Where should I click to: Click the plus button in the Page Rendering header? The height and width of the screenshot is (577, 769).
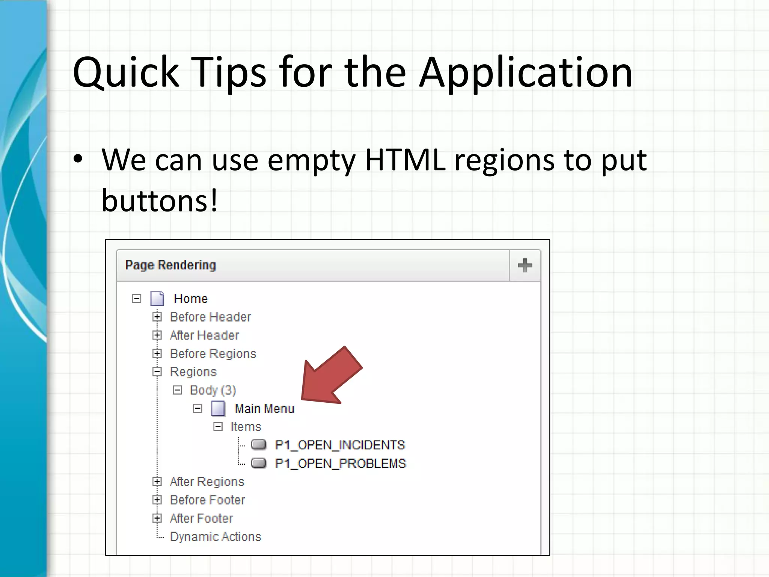[525, 266]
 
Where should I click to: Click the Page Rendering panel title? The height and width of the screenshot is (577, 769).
[170, 265]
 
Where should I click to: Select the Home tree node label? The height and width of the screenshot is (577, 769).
[190, 299]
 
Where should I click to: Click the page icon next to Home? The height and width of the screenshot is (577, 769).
[157, 299]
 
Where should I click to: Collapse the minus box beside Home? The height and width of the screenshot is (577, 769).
[137, 299]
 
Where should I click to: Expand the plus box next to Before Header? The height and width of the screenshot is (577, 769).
[157, 317]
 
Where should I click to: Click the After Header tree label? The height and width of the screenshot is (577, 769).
[204, 335]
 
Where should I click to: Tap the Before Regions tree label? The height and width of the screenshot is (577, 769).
[213, 353]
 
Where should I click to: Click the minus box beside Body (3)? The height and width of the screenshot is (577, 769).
[177, 390]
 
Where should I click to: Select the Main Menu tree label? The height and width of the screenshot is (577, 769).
[264, 408]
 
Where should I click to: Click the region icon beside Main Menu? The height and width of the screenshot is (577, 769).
[218, 408]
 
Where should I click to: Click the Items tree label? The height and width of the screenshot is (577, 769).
[246, 427]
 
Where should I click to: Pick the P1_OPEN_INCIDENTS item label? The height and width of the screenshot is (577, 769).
[340, 445]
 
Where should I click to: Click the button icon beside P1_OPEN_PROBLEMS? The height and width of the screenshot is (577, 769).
[259, 463]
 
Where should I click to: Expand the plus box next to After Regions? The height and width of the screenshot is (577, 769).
[157, 482]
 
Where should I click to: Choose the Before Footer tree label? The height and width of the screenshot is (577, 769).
[207, 500]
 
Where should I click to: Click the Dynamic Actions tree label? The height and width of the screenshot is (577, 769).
[215, 536]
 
